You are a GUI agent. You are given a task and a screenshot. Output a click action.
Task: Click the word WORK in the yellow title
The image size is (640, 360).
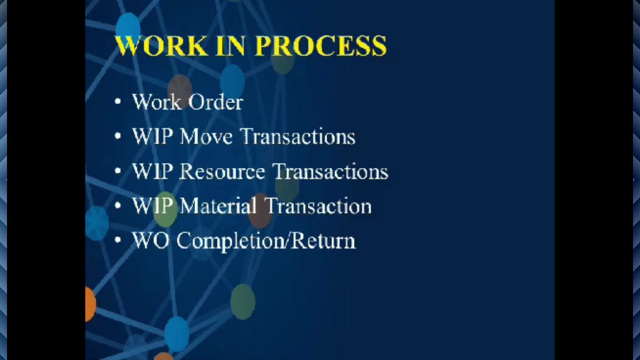(161, 46)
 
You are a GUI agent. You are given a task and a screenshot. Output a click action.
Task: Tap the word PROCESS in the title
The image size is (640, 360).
(320, 46)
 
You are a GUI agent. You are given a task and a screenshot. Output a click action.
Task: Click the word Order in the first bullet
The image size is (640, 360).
(215, 102)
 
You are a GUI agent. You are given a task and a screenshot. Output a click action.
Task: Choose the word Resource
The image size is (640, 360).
(221, 171)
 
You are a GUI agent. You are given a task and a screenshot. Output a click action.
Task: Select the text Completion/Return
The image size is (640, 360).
(265, 241)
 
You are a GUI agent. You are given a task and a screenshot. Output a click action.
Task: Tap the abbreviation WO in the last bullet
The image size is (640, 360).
(150, 241)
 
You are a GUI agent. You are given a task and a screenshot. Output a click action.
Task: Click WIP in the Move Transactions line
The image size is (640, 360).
(152, 136)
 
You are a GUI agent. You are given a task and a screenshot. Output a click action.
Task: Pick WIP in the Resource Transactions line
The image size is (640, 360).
(152, 171)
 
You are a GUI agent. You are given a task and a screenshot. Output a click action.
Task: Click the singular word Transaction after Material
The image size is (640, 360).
(317, 206)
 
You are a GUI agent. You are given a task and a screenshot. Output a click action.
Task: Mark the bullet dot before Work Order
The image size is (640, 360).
(118, 102)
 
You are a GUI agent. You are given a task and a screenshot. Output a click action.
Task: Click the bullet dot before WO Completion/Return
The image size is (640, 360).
(118, 240)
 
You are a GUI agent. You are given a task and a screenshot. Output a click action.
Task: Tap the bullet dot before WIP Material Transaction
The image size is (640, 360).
(118, 205)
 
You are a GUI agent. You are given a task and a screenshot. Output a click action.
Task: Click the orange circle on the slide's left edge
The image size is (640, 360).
(89, 303)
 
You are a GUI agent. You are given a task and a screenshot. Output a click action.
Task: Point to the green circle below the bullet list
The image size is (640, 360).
(242, 301)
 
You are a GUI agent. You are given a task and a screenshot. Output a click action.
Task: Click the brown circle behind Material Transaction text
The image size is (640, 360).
(259, 210)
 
